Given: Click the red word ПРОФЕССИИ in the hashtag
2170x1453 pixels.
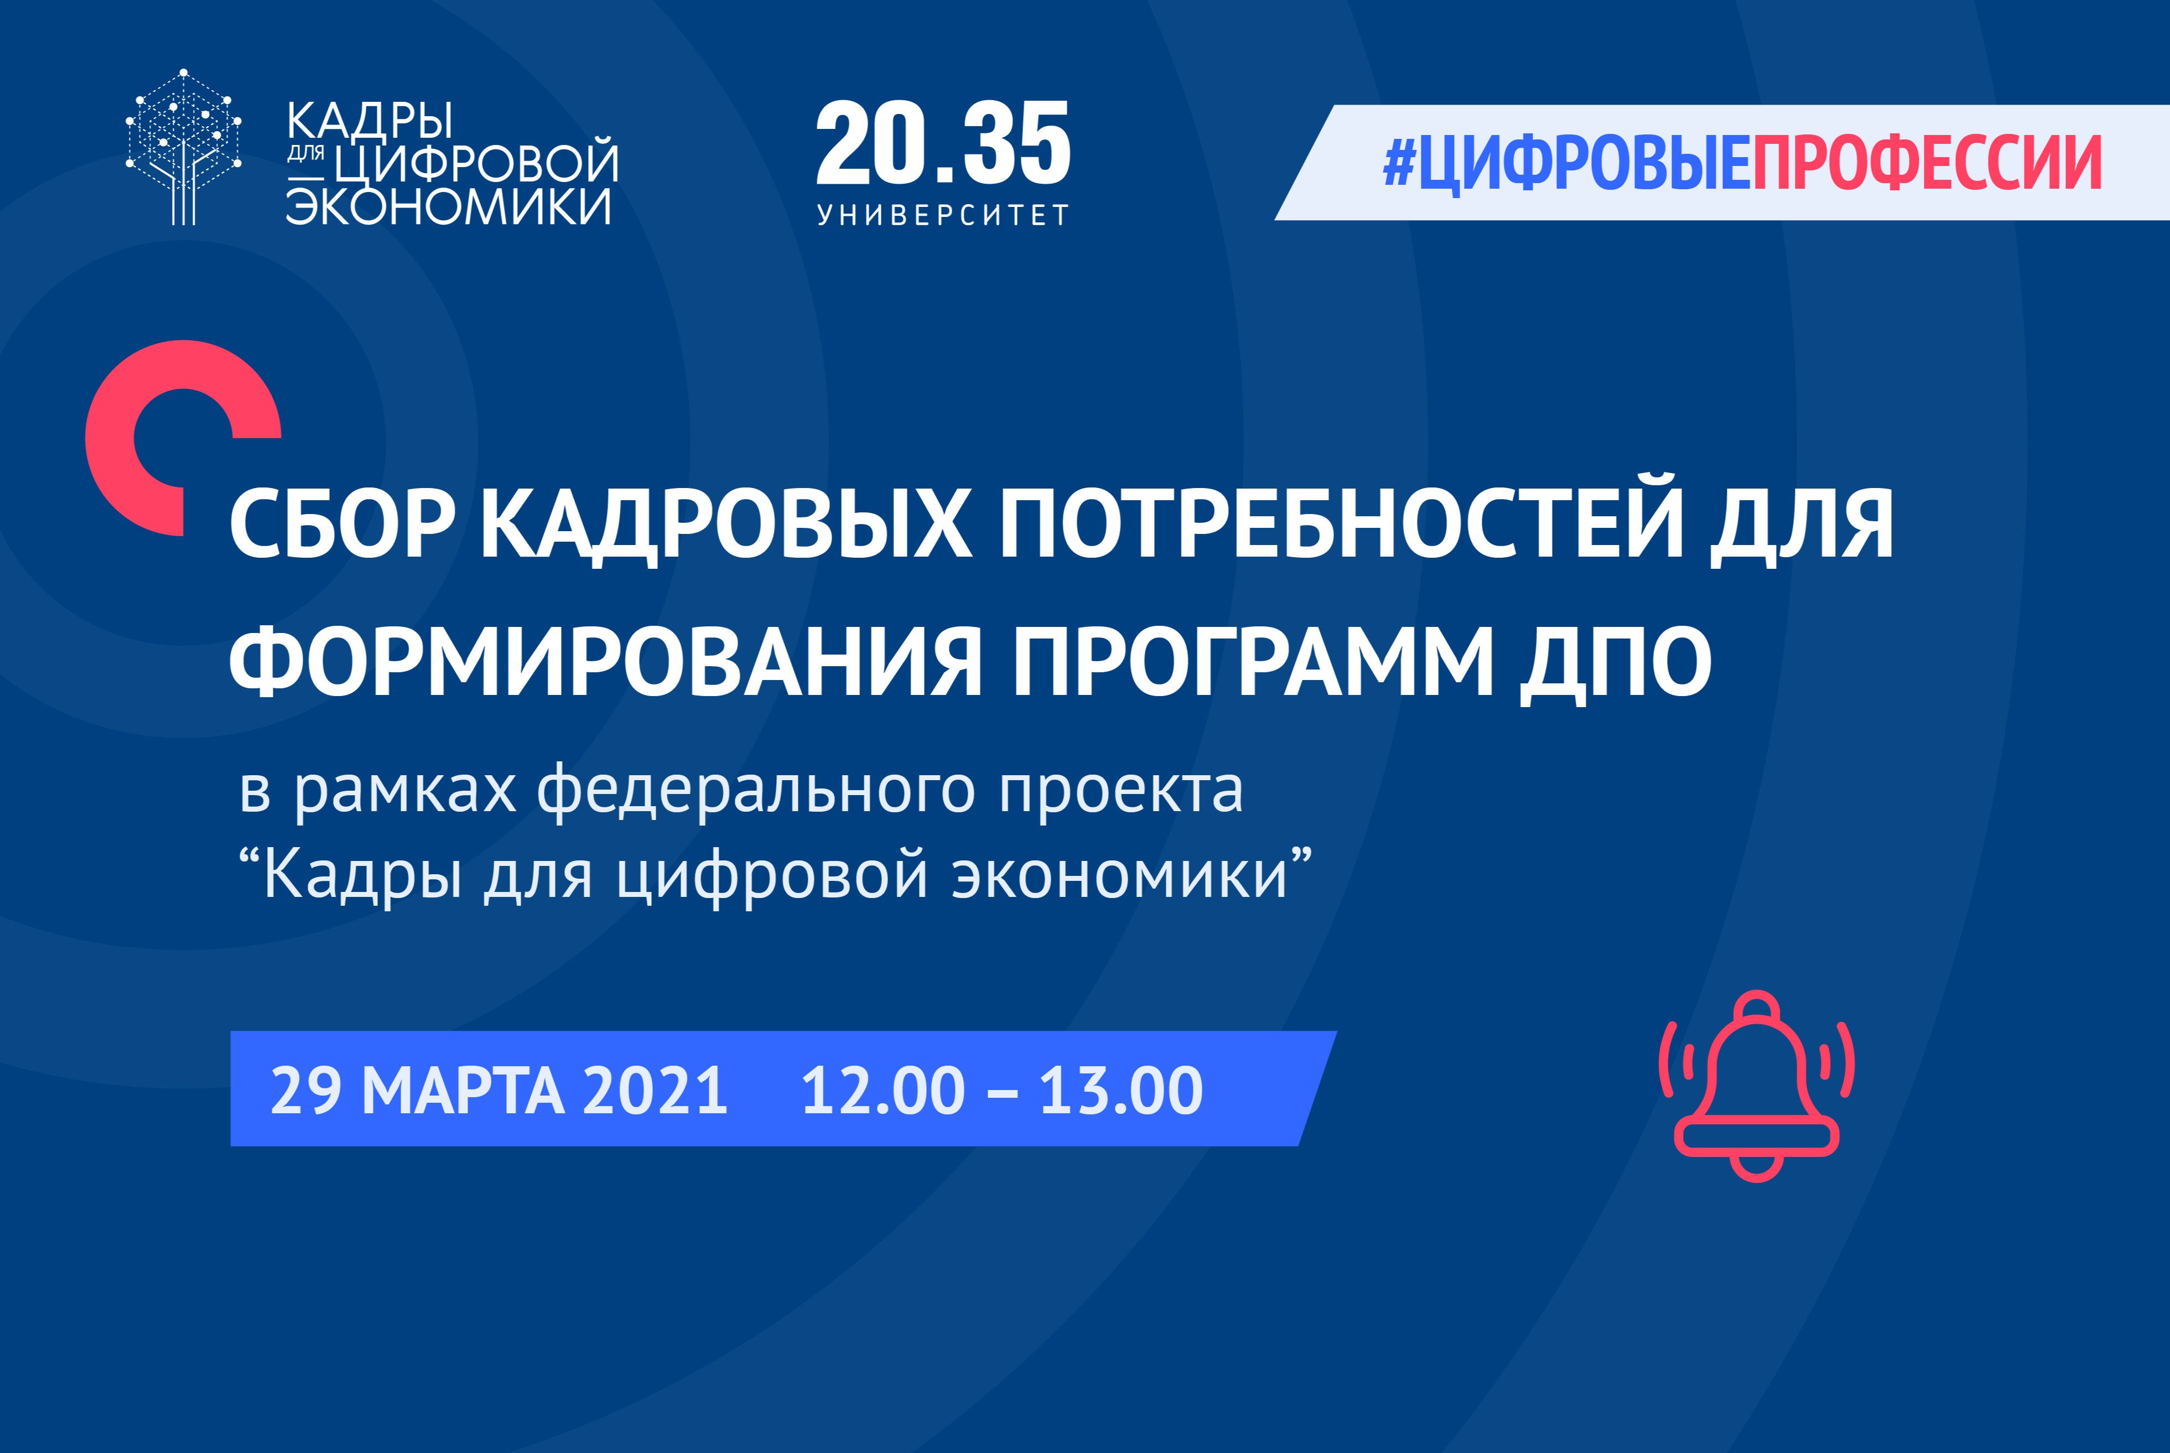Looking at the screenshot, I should [x=1925, y=164].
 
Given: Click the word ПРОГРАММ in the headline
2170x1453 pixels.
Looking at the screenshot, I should [x=1252, y=662].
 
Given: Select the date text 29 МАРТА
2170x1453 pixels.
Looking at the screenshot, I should [x=417, y=1091].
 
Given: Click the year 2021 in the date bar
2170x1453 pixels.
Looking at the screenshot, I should [x=655, y=1091].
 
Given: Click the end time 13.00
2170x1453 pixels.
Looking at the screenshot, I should [x=1120, y=1091].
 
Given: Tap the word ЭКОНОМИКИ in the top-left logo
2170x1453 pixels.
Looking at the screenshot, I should [x=449, y=206].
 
